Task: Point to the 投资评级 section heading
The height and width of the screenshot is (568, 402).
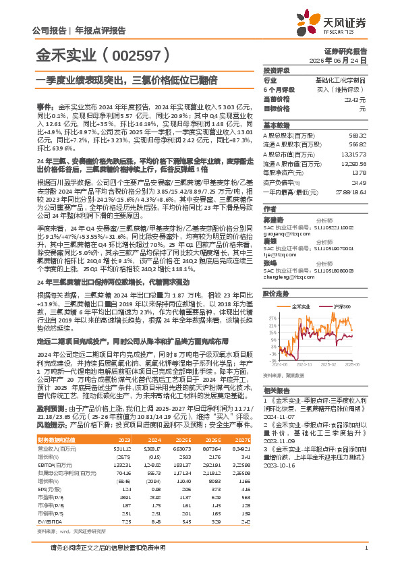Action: click(x=277, y=70)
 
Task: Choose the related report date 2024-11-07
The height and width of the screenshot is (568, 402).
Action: click(x=279, y=416)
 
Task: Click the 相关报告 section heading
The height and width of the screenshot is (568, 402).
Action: click(x=277, y=391)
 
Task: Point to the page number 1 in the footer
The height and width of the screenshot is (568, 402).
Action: click(x=365, y=557)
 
